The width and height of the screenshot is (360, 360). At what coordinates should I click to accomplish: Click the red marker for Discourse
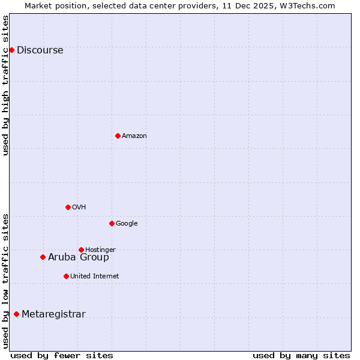click(x=11, y=50)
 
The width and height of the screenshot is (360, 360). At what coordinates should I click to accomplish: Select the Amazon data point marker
click(x=118, y=136)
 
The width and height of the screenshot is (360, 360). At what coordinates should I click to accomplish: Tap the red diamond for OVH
click(x=68, y=207)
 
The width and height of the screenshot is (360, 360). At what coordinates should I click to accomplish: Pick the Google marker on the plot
click(x=112, y=223)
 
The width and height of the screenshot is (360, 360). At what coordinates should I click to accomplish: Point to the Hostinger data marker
click(x=81, y=250)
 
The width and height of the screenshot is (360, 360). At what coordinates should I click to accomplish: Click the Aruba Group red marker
click(x=43, y=257)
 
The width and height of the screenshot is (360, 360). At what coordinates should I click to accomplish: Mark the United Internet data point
click(x=66, y=276)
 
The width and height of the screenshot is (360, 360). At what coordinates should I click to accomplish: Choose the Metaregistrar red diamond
click(x=16, y=314)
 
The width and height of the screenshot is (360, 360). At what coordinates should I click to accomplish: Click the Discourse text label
click(x=40, y=50)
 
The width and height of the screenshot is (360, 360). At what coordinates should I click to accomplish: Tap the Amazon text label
click(x=134, y=136)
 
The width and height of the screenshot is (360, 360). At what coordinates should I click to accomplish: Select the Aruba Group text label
click(x=79, y=257)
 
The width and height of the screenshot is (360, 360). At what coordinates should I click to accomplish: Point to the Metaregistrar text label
click(x=53, y=314)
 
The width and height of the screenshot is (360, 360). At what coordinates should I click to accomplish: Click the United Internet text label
click(x=94, y=276)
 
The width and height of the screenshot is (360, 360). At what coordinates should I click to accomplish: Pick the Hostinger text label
click(x=100, y=250)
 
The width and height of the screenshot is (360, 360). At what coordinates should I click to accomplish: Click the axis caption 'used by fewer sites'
click(x=62, y=355)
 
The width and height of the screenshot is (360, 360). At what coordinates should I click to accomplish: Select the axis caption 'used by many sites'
click(x=301, y=355)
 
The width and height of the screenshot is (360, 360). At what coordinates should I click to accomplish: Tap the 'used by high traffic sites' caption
click(x=5, y=85)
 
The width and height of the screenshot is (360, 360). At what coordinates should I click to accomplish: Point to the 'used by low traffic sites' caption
click(x=5, y=281)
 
